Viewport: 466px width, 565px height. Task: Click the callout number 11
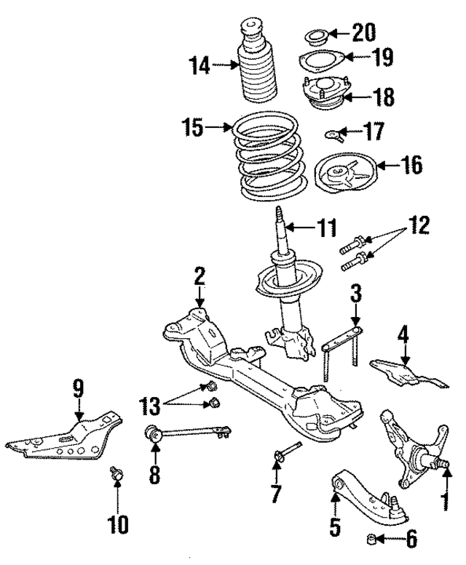tap(327, 228)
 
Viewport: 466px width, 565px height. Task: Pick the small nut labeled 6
tap(372, 540)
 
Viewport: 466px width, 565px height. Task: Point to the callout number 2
tap(199, 276)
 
